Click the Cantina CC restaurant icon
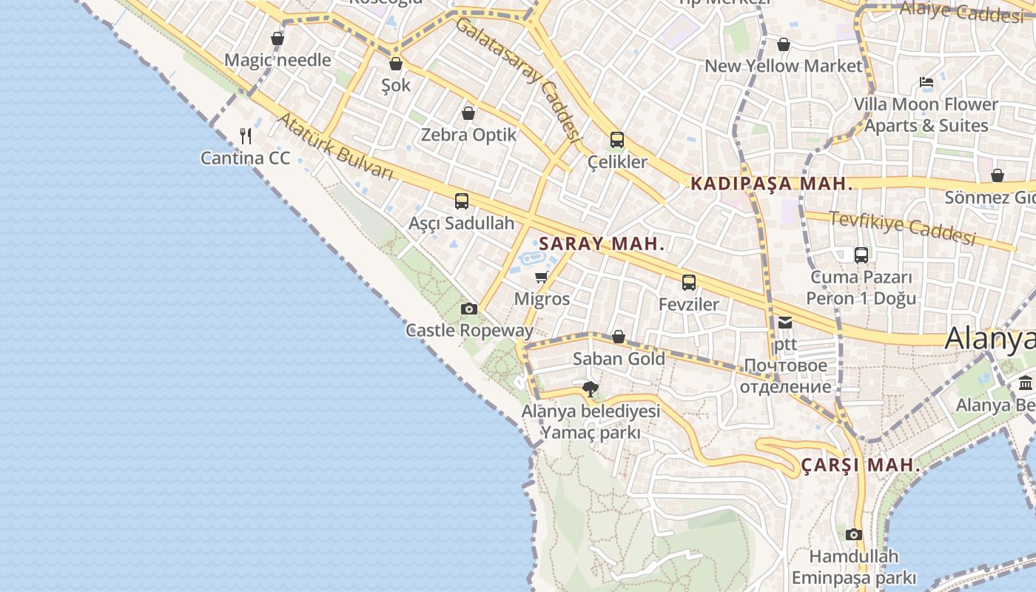click(246, 136)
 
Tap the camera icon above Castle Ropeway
click(468, 309)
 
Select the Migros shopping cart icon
click(542, 277)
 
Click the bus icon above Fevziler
click(689, 282)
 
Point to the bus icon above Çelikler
click(617, 139)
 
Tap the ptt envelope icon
click(784, 322)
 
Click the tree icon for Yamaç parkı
click(590, 388)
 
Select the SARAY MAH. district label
click(602, 243)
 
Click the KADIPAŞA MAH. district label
click(772, 184)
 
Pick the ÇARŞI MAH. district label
click(861, 465)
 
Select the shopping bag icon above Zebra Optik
click(468, 113)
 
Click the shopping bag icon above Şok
click(396, 64)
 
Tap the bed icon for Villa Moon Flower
click(926, 82)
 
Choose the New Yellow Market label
click(784, 66)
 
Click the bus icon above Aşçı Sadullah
click(462, 201)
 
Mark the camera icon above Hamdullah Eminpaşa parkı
click(853, 534)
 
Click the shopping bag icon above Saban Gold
click(619, 337)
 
